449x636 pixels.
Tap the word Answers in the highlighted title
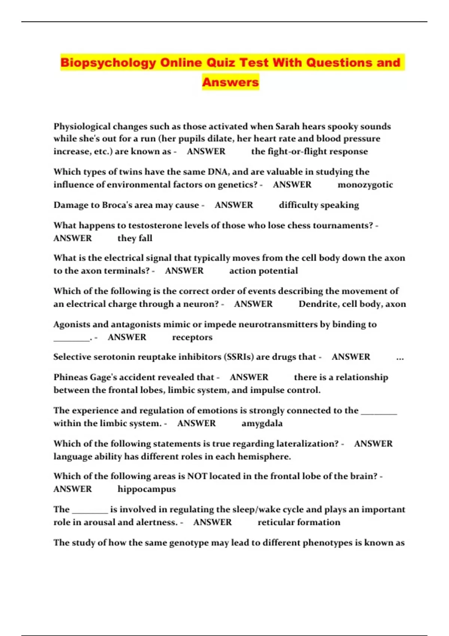[x=230, y=82]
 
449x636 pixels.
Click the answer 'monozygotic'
[x=365, y=185]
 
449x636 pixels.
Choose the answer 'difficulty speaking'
[x=319, y=205]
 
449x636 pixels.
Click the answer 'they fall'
[x=135, y=238]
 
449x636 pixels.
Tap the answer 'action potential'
[x=263, y=271]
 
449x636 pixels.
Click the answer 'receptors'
[x=192, y=337]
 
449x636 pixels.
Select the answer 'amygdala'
[x=262, y=424]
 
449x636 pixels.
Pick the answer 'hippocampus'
[x=147, y=489]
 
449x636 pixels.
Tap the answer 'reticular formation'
[x=299, y=522]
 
